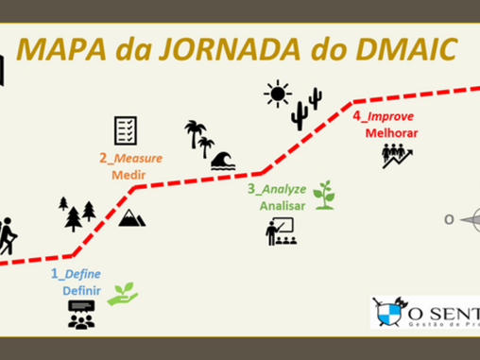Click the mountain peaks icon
[131, 219]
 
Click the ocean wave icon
[224, 161]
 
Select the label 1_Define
[77, 274]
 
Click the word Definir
[82, 290]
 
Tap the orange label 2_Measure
[131, 158]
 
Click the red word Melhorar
[390, 133]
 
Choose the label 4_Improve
[384, 117]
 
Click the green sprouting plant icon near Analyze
[324, 194]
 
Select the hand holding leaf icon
[121, 294]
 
